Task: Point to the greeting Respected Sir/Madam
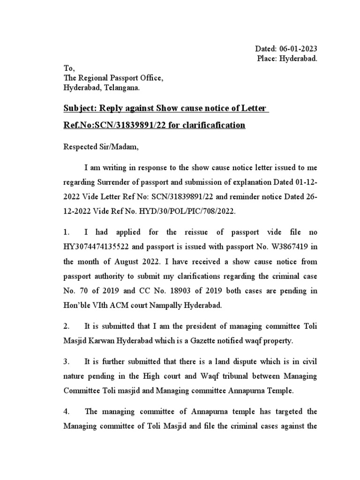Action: pos(101,147)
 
